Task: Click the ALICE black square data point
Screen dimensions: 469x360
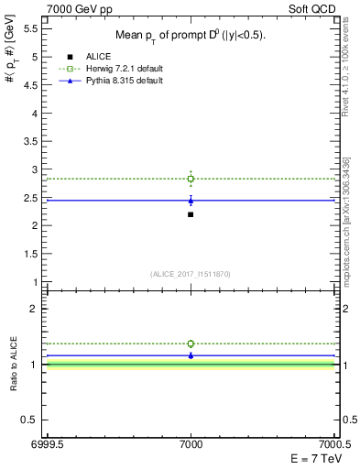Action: click(191, 214)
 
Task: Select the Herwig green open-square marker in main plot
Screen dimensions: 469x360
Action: click(191, 179)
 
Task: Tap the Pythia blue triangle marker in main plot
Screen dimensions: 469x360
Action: click(191, 201)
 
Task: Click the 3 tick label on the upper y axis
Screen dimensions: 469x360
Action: click(33, 169)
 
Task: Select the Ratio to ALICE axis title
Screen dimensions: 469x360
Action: click(14, 364)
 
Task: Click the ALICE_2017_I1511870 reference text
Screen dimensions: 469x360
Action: click(191, 274)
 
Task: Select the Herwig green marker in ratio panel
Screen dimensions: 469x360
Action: click(191, 344)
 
